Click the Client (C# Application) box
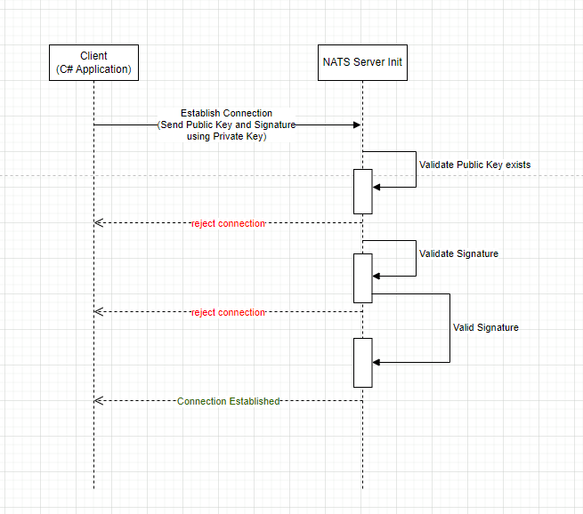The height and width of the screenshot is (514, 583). (93, 62)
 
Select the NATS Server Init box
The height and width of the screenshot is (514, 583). (362, 62)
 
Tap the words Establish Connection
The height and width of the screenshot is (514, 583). (227, 113)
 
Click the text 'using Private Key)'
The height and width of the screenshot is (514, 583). (227, 136)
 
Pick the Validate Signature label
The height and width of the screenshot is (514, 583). (458, 253)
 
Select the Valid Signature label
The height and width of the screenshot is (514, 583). (485, 327)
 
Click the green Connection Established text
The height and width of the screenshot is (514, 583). (228, 401)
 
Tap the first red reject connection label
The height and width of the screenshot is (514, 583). (228, 223)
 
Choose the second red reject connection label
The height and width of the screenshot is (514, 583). (228, 312)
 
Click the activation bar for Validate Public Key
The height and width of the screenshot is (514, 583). (362, 191)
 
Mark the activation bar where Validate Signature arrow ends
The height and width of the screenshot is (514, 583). (362, 277)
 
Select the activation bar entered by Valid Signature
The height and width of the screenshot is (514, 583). (362, 362)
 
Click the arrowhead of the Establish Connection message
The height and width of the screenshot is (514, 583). (356, 125)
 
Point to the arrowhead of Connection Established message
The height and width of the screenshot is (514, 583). (99, 401)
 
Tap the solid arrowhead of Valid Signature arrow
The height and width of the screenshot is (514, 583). (377, 362)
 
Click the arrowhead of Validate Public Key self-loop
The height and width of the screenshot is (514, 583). (377, 187)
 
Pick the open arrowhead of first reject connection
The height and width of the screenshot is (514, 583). (99, 223)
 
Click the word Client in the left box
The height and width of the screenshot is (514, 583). (93, 56)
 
